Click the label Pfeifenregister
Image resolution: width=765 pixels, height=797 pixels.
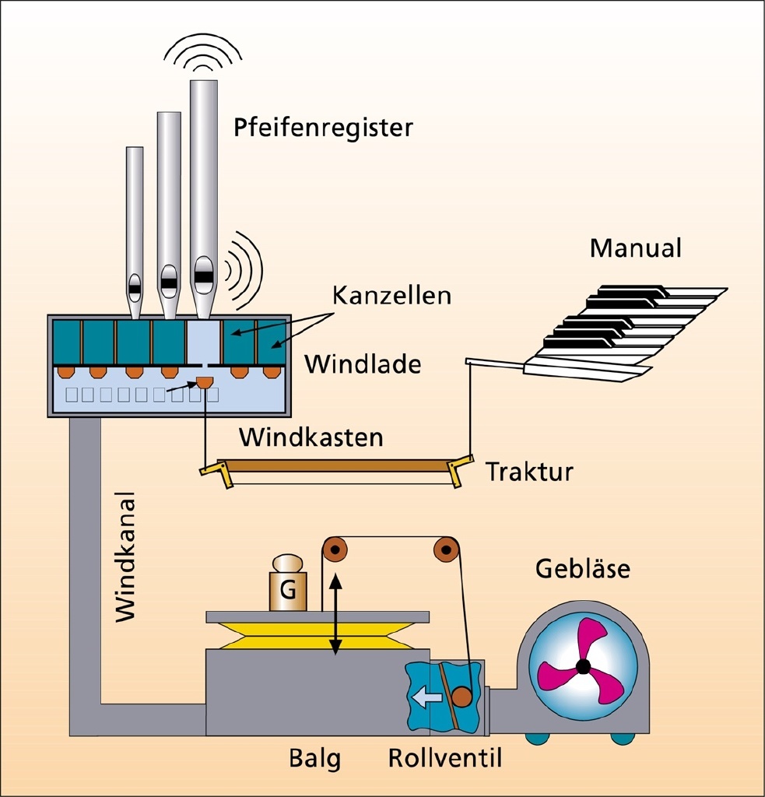coord(323,128)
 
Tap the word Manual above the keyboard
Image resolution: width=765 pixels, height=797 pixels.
coord(635,248)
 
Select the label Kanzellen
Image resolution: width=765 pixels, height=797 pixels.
coord(391,297)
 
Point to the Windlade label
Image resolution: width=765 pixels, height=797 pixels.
coord(363,363)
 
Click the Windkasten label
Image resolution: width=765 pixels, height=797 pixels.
coord(311,437)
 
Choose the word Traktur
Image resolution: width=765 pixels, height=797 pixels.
coord(530,472)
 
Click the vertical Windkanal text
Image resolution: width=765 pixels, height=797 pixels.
coord(125,556)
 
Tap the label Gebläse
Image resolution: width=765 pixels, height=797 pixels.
coord(583,569)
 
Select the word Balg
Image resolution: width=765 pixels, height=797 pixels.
coord(314,759)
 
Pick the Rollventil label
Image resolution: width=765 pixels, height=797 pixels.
coord(446,759)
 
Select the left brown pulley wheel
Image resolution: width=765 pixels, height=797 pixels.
coord(335,550)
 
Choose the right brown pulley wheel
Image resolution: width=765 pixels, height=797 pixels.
coord(446,550)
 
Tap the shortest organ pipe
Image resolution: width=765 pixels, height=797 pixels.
coord(135,226)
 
